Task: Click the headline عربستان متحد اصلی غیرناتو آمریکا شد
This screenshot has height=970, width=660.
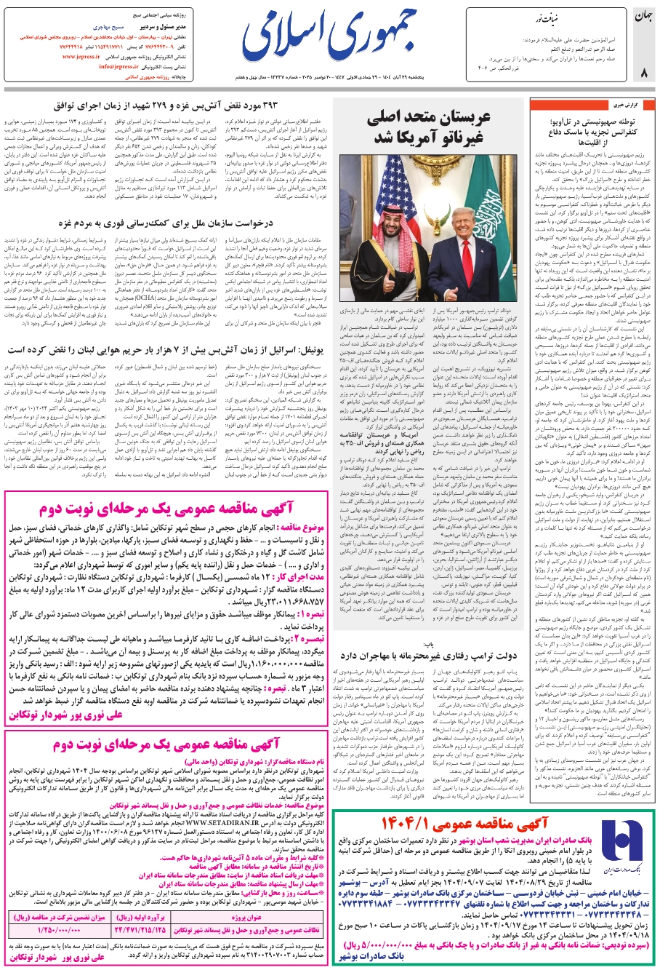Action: tap(429, 127)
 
